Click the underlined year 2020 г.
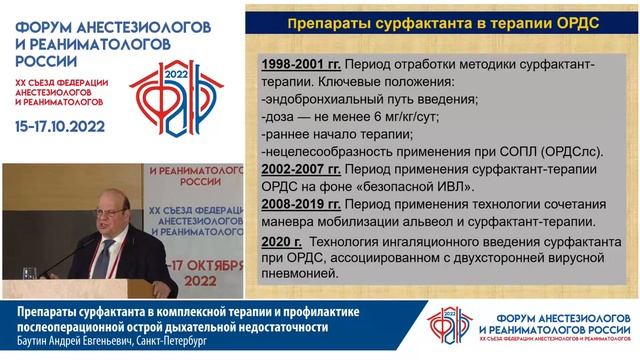[x=281, y=241]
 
